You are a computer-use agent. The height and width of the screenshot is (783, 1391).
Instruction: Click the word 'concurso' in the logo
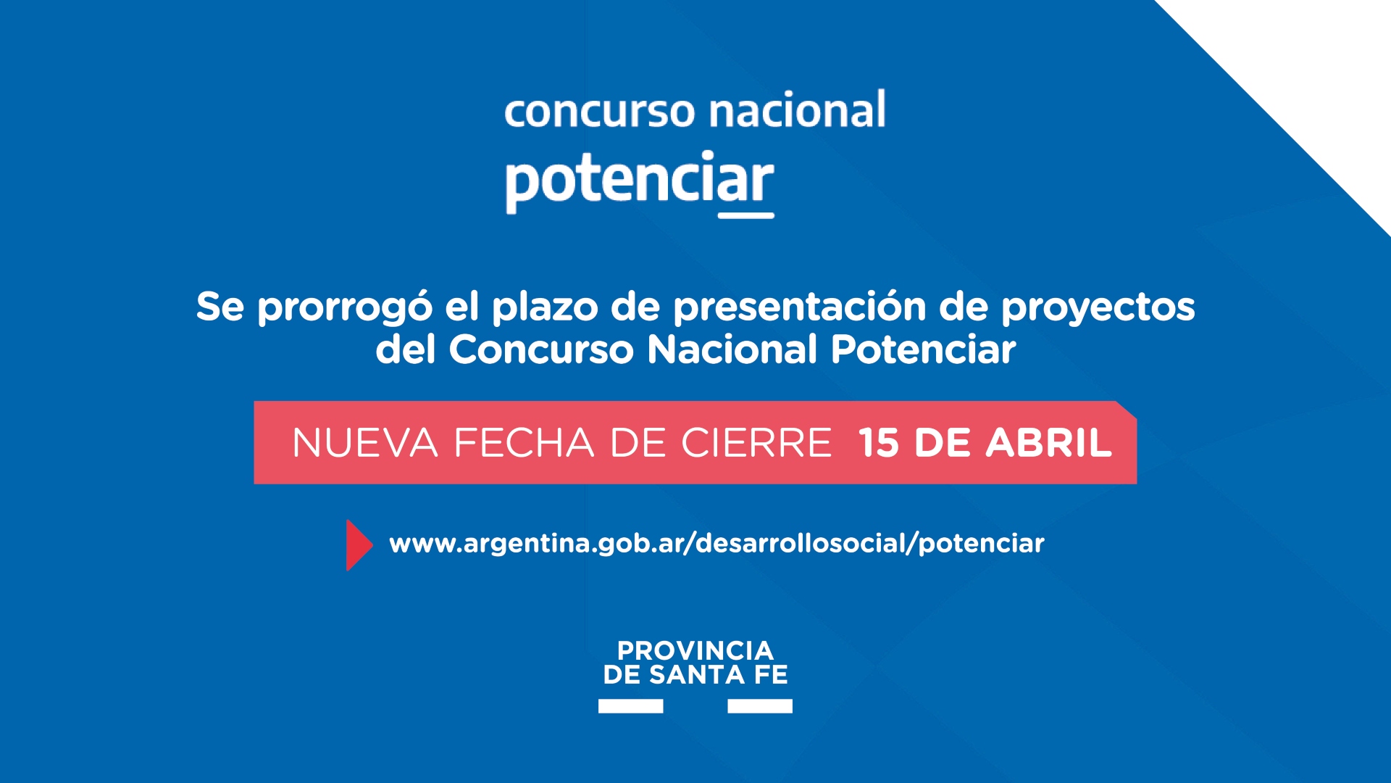coord(599,113)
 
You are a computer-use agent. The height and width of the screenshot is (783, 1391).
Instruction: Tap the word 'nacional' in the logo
coord(798,109)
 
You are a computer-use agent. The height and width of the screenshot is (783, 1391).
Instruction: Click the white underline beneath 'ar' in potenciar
coord(746,215)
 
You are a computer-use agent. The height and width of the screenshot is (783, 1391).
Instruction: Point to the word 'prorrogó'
coord(345,308)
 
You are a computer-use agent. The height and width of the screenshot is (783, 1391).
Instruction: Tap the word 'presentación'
coord(800,307)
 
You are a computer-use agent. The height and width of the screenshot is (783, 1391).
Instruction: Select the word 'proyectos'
coord(1098,308)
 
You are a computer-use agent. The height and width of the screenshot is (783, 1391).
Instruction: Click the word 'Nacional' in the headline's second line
coord(732,349)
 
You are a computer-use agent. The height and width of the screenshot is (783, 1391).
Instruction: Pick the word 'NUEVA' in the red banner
coord(365,443)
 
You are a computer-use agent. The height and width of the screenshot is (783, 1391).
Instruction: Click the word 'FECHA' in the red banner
coord(524,443)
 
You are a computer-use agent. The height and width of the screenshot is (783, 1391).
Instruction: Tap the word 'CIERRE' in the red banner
coord(756,443)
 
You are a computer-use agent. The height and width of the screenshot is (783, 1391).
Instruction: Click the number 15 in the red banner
coord(879,443)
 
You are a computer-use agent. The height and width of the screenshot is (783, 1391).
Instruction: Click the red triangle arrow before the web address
coord(359,545)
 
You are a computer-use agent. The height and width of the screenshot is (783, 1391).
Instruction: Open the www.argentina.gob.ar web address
coord(717,544)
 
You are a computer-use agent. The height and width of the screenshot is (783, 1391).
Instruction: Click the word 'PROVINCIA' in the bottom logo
coord(695,650)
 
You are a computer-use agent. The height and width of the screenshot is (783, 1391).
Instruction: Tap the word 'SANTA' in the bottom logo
coord(696,675)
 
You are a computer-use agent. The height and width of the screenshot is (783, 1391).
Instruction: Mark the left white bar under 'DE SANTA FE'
coord(630,706)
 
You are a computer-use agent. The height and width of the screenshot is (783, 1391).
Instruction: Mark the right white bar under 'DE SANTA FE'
coord(760,706)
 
